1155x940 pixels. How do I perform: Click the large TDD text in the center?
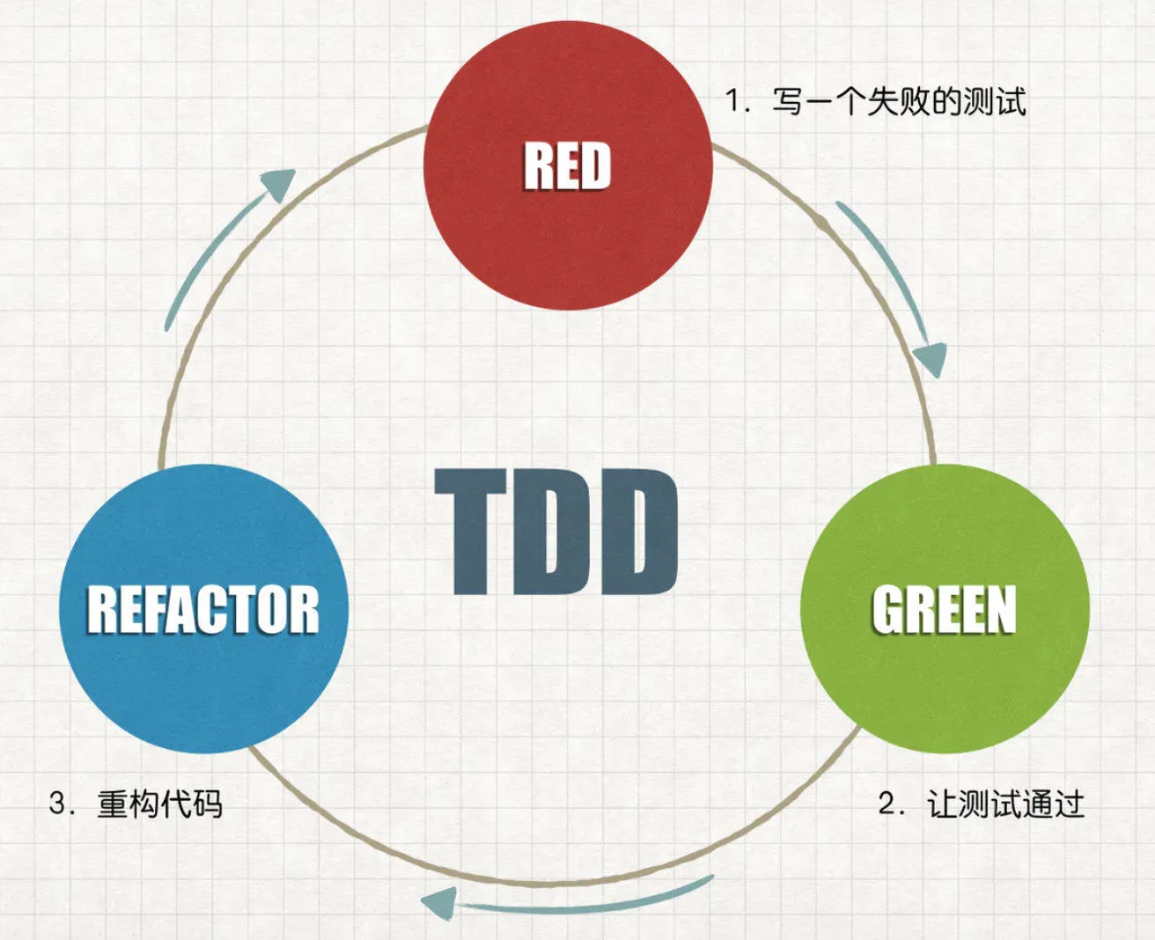click(x=556, y=532)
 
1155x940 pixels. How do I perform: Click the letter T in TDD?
click(x=471, y=532)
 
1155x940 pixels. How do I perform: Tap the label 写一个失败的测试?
click(x=899, y=101)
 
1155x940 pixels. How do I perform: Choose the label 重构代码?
click(x=159, y=804)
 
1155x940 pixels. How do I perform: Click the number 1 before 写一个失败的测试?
click(x=732, y=101)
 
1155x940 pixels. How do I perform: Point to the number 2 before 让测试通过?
click(x=887, y=804)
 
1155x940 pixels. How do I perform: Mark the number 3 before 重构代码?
click(x=59, y=804)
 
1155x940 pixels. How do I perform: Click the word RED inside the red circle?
click(x=568, y=166)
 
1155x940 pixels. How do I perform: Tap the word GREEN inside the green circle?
click(x=945, y=610)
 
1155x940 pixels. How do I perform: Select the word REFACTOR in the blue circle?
click(x=203, y=610)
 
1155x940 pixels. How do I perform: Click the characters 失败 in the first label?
click(x=899, y=101)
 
